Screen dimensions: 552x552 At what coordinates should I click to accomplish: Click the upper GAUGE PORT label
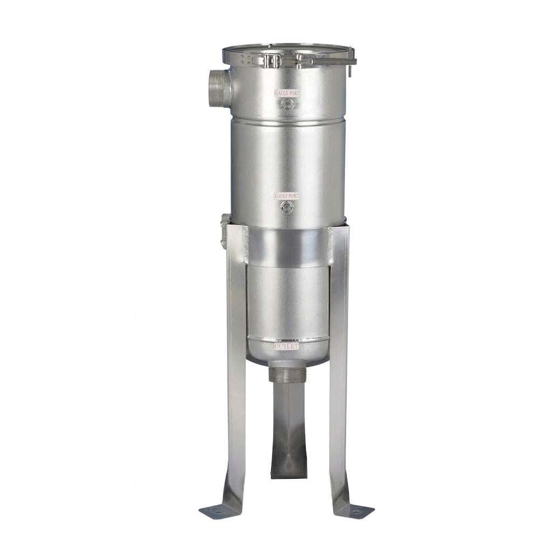pyautogui.click(x=288, y=93)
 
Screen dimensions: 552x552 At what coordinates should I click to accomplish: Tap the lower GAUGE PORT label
pyautogui.click(x=287, y=196)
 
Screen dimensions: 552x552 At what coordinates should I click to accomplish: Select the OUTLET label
pyautogui.click(x=287, y=347)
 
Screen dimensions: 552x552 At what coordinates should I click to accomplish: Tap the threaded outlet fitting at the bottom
pyautogui.click(x=287, y=372)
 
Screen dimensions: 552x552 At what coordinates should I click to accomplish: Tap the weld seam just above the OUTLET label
pyautogui.click(x=287, y=340)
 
